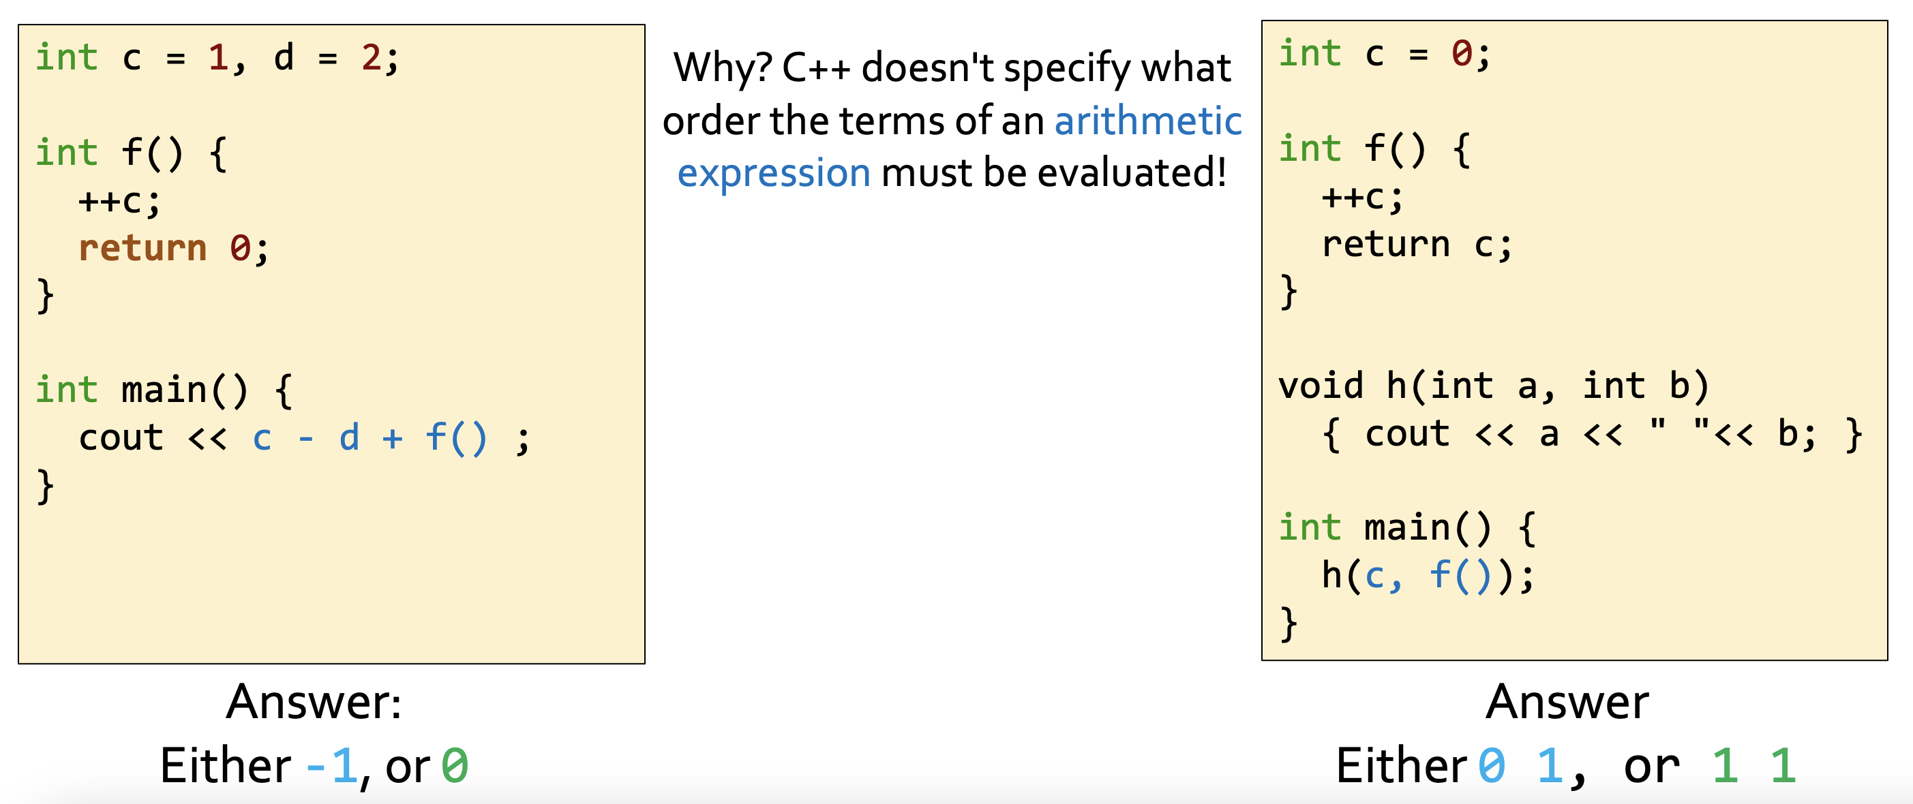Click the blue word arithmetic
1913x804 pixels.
click(1148, 121)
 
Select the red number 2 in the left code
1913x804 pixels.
click(371, 57)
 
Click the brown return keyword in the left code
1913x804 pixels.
click(142, 247)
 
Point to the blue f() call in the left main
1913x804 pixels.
click(456, 437)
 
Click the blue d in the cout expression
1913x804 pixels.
click(349, 437)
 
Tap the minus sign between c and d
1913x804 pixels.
click(305, 439)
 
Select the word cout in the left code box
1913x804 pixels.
click(121, 437)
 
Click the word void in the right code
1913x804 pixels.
click(1321, 385)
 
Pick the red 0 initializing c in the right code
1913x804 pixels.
click(1462, 53)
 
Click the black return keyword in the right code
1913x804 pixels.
click(1386, 243)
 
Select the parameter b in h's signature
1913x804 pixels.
click(1681, 385)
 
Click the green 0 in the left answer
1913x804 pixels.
click(455, 766)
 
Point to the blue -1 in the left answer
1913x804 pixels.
click(332, 766)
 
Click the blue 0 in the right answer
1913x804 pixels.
click(1491, 766)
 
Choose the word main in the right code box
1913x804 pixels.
click(1407, 528)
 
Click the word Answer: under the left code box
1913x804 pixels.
click(314, 702)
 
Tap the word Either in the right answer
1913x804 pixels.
click(1401, 766)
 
